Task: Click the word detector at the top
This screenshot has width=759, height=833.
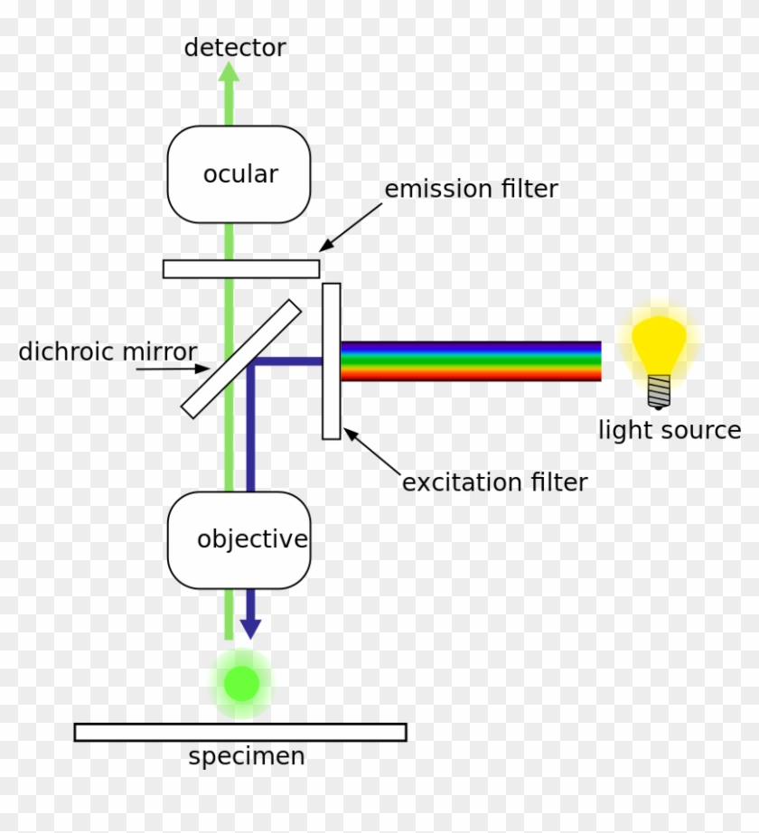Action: pos(235,48)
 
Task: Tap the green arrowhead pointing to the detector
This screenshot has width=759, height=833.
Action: pos(230,73)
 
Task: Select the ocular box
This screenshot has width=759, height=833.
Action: pos(239,174)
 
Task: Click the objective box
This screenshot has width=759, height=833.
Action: pos(239,540)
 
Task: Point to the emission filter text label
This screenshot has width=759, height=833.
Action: pos(471,190)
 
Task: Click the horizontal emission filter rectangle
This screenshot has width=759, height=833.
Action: pos(241,268)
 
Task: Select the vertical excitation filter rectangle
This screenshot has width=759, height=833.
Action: pos(332,360)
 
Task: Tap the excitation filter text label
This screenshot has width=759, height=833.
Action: pos(494,482)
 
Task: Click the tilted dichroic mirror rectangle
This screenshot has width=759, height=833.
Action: pos(241,359)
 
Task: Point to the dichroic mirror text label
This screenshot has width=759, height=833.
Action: pos(108,351)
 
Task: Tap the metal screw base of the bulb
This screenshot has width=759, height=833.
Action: pos(660,391)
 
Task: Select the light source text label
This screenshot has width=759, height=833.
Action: pos(669,430)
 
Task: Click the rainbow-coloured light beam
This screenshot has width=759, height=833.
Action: pos(470,360)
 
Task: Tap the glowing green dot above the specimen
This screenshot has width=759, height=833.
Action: pos(241,684)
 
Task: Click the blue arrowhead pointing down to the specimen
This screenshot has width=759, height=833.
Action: pos(250,628)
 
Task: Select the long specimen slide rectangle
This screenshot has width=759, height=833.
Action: pos(240,732)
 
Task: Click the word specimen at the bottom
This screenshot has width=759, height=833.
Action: pos(246,756)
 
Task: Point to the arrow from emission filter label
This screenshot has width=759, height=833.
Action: pos(351,228)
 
